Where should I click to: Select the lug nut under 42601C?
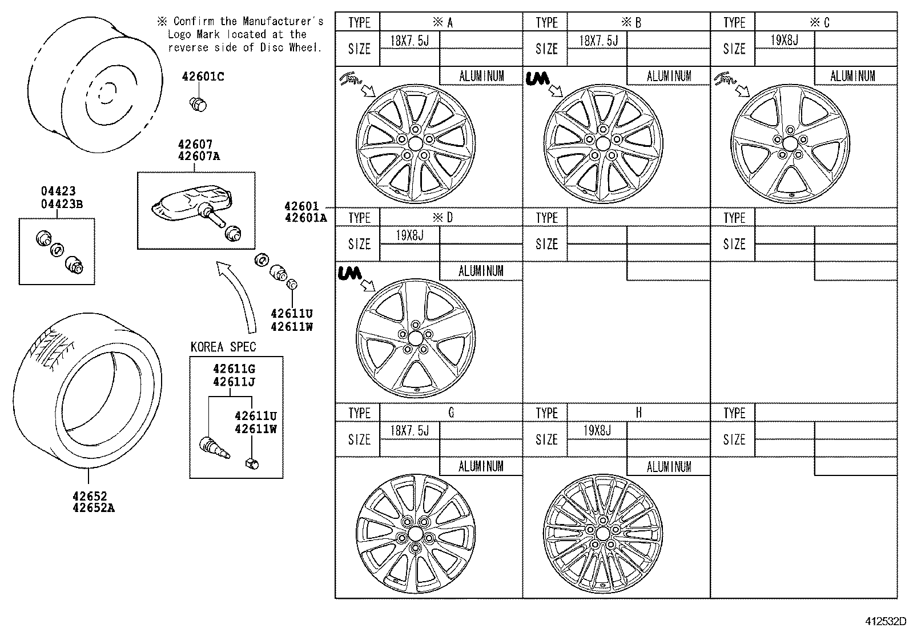198,104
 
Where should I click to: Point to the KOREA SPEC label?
223,347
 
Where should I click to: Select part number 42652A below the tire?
93,507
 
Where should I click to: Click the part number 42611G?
234,369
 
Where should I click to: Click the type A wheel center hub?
416,144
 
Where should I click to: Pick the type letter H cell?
638,413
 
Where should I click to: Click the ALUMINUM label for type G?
481,466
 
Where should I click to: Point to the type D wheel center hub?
415,338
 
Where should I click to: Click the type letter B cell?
638,22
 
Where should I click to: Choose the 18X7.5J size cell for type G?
409,430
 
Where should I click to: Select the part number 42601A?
305,217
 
